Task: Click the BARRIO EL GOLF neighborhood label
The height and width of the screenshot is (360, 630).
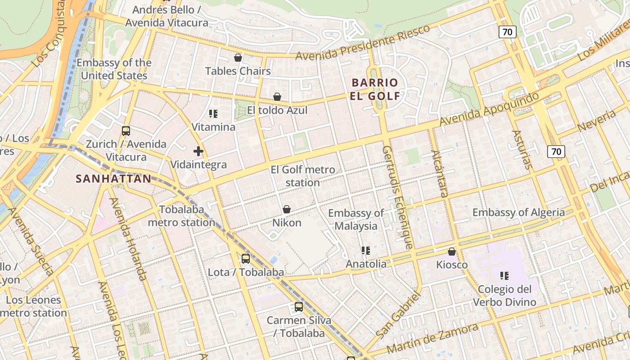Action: point(375,89)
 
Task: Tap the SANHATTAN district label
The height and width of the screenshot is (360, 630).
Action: point(113,179)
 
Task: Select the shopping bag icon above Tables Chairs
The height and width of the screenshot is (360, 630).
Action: point(238,58)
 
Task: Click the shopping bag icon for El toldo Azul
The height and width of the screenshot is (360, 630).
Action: point(277,97)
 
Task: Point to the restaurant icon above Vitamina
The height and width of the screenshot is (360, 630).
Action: point(213,114)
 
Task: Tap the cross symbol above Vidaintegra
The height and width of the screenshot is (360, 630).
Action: point(198,151)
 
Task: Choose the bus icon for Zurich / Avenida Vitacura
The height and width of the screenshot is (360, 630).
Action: point(126,131)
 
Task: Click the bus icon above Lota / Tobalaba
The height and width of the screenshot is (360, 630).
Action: point(246,259)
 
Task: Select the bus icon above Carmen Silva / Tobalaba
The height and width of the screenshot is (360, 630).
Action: point(299,307)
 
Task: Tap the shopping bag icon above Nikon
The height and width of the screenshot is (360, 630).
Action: point(287,209)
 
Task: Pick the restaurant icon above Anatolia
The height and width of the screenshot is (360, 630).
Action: point(365,251)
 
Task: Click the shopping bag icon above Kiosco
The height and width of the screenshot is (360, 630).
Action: point(452,252)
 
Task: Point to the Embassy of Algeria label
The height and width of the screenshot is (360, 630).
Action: point(518,212)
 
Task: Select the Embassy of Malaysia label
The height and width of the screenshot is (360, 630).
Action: point(355,219)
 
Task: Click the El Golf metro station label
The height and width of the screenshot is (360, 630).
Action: point(303,176)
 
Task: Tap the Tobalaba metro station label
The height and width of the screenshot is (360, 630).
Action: point(181,216)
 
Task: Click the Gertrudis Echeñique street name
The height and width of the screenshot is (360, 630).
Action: point(397,197)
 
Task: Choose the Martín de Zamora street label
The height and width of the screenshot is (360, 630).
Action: point(432,338)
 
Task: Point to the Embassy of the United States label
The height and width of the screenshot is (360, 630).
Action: point(114,69)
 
